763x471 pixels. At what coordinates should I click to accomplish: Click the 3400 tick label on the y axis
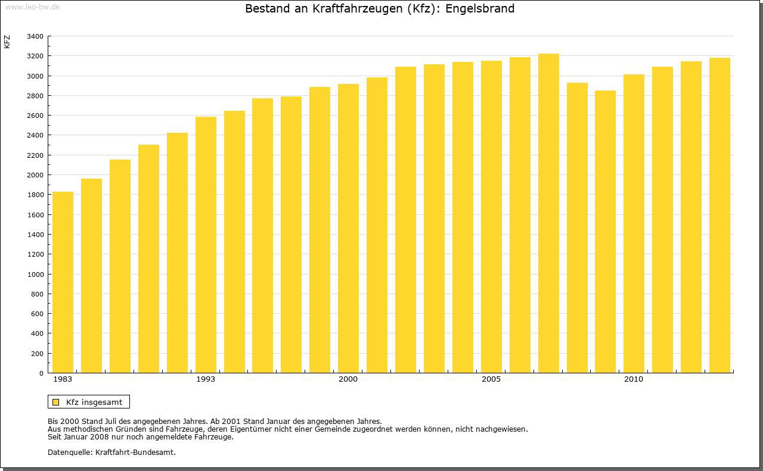tap(35, 36)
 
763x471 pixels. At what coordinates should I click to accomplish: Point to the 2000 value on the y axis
tap(35, 175)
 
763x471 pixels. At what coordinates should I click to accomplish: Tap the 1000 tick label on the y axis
tap(35, 275)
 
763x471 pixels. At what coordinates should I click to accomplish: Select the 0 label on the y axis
tap(41, 373)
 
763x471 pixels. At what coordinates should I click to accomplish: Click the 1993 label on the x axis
tap(206, 379)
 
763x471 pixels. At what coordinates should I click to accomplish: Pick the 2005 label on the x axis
tap(491, 379)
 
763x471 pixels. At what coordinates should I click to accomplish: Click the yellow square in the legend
tap(55, 402)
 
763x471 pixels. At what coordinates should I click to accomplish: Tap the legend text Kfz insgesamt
tap(94, 402)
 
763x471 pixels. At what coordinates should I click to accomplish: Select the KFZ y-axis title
tap(7, 42)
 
